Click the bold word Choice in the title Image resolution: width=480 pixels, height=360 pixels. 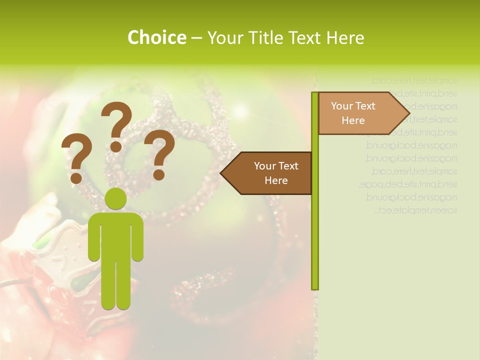pyautogui.click(x=156, y=37)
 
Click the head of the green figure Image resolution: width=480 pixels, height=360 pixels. pyautogui.click(x=115, y=199)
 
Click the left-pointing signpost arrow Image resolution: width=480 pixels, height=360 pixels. pyautogui.click(x=267, y=173)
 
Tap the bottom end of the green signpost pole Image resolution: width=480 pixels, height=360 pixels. pyautogui.click(x=315, y=287)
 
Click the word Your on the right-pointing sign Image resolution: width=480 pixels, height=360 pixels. pyautogui.click(x=342, y=106)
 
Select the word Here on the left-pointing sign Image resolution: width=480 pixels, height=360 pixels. pyautogui.click(x=276, y=180)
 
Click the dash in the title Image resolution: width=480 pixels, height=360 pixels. pyautogui.click(x=196, y=37)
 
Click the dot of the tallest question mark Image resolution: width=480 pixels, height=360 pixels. pyautogui.click(x=116, y=146)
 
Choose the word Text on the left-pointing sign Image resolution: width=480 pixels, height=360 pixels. pyautogui.click(x=287, y=166)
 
